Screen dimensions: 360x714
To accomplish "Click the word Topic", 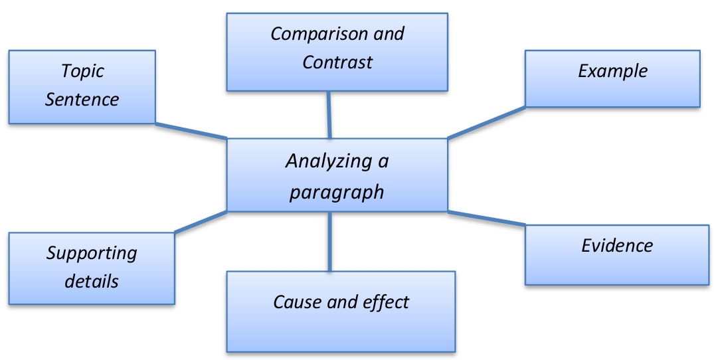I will [83, 71].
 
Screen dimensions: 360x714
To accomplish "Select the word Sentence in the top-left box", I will [82, 100].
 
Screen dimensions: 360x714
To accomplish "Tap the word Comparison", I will [312, 34].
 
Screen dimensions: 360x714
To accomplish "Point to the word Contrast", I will [337, 62].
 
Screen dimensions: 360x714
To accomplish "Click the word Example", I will [612, 71].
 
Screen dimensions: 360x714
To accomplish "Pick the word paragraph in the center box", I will [337, 192].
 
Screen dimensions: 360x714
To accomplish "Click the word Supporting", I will [92, 253].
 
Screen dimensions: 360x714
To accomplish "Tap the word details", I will [92, 281].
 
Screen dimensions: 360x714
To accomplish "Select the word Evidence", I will [617, 246].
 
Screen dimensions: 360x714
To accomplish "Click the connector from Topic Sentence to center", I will [191, 131].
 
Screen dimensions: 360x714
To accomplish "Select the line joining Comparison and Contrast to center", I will [328, 114].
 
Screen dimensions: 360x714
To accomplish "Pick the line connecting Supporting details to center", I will [201, 222].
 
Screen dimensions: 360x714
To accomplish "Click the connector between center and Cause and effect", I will [329, 241].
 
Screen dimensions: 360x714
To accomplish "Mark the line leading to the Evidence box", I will [486, 219].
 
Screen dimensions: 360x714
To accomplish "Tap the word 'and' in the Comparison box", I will [387, 34].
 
